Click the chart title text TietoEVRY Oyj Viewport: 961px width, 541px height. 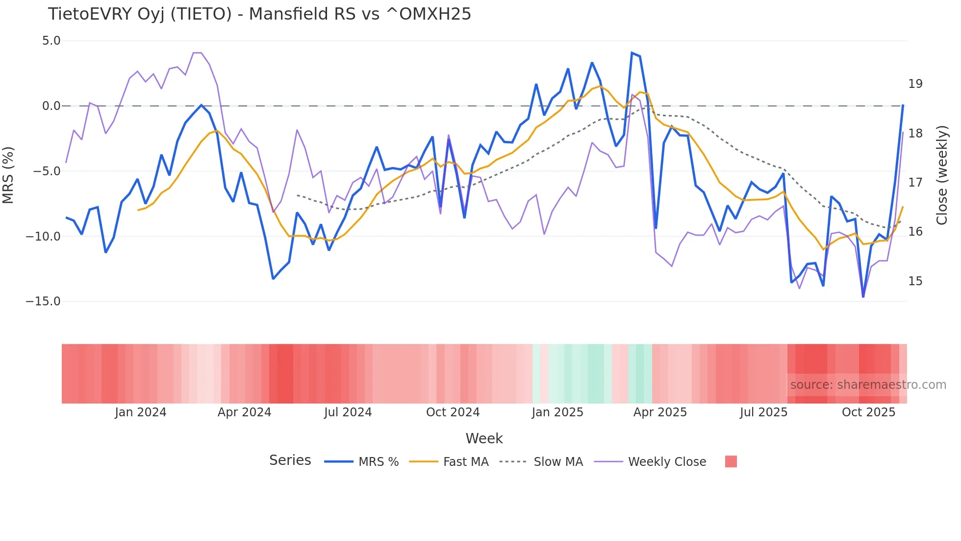pos(259,14)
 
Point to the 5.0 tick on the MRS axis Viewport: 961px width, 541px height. pos(51,41)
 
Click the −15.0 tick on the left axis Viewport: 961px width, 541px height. pos(43,301)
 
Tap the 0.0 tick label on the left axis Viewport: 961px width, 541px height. pos(51,106)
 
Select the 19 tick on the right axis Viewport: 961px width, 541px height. pos(915,84)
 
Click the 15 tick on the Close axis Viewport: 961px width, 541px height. pos(915,281)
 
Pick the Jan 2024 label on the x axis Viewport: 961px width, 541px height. pos(141,412)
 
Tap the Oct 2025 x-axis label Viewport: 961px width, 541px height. pos(868,412)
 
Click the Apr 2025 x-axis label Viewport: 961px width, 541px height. pos(660,412)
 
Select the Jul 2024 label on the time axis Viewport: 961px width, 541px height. pos(348,412)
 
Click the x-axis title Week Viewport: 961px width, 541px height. pos(484,438)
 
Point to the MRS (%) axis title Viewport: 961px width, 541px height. pos(8,175)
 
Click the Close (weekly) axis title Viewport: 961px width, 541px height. pos(942,175)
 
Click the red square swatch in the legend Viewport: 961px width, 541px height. pos(731,461)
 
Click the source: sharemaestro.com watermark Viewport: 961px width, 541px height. pos(868,385)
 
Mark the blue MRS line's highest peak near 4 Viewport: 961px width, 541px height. pos(632,53)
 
